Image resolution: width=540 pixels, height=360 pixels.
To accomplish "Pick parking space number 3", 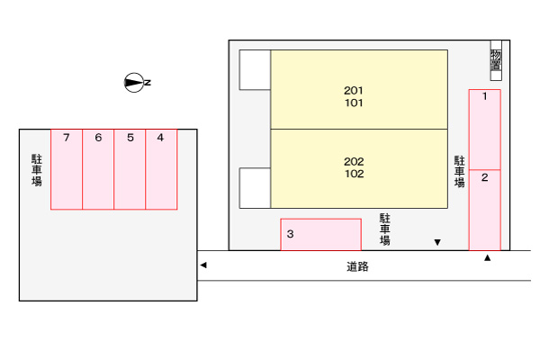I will pyautogui.click(x=320, y=234).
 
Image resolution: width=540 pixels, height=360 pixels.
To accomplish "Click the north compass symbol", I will pyautogui.click(x=135, y=83).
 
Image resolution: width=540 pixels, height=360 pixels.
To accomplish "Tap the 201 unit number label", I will pyautogui.click(x=354, y=90).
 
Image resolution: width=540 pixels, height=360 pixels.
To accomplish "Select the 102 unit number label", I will pyautogui.click(x=354, y=174).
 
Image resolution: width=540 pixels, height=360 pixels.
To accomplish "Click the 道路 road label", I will pyautogui.click(x=357, y=266).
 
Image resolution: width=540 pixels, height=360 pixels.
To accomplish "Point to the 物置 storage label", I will pyautogui.click(x=496, y=59).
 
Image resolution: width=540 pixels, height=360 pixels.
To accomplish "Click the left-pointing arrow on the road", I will pyautogui.click(x=203, y=265).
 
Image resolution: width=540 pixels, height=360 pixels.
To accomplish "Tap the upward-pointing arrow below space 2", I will pyautogui.click(x=488, y=258).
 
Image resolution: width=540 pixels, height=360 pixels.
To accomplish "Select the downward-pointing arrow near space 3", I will pyautogui.click(x=437, y=242).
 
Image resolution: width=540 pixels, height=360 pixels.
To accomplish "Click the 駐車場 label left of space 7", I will pyautogui.click(x=37, y=169).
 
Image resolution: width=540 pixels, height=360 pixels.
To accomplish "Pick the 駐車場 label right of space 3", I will pyautogui.click(x=384, y=229).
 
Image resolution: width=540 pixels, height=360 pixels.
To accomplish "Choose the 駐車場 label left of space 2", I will pyautogui.click(x=459, y=171).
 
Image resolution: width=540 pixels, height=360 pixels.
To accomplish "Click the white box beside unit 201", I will pyautogui.click(x=255, y=69).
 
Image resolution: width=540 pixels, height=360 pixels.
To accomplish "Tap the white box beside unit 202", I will pyautogui.click(x=255, y=187).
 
